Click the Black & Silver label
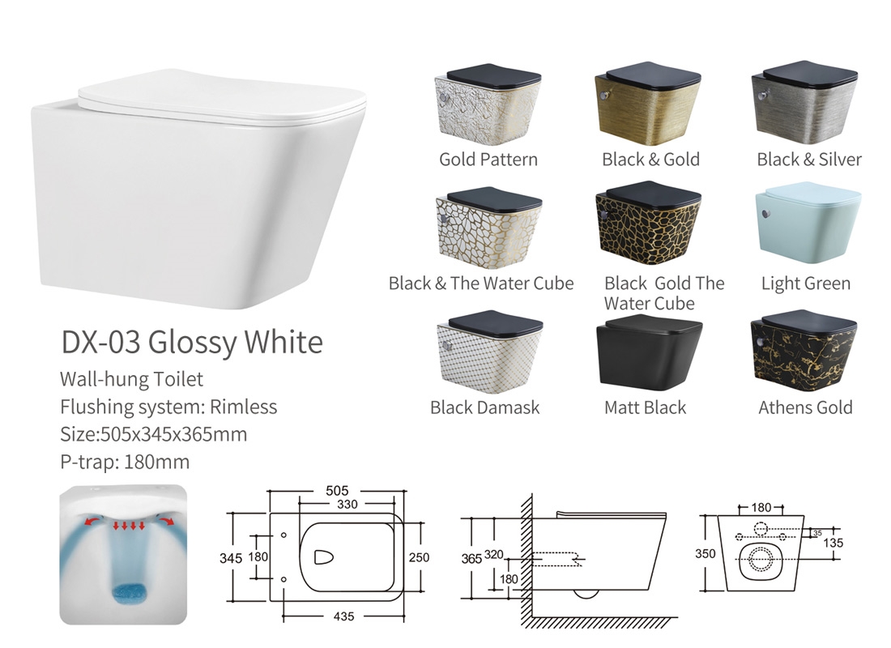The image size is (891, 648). (808, 160)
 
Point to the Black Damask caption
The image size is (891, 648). (484, 407)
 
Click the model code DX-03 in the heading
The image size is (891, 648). (100, 342)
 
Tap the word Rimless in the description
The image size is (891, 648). (243, 407)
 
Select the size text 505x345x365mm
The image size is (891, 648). (173, 434)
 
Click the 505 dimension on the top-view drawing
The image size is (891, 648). (337, 490)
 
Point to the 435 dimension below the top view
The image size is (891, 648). (343, 616)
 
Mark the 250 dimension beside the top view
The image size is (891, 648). (419, 557)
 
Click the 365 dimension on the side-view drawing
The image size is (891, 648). (471, 559)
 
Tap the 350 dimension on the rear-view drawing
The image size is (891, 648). (706, 554)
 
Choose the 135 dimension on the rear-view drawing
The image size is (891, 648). (833, 543)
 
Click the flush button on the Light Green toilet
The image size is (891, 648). (766, 215)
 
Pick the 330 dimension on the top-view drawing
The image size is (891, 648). (347, 504)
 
